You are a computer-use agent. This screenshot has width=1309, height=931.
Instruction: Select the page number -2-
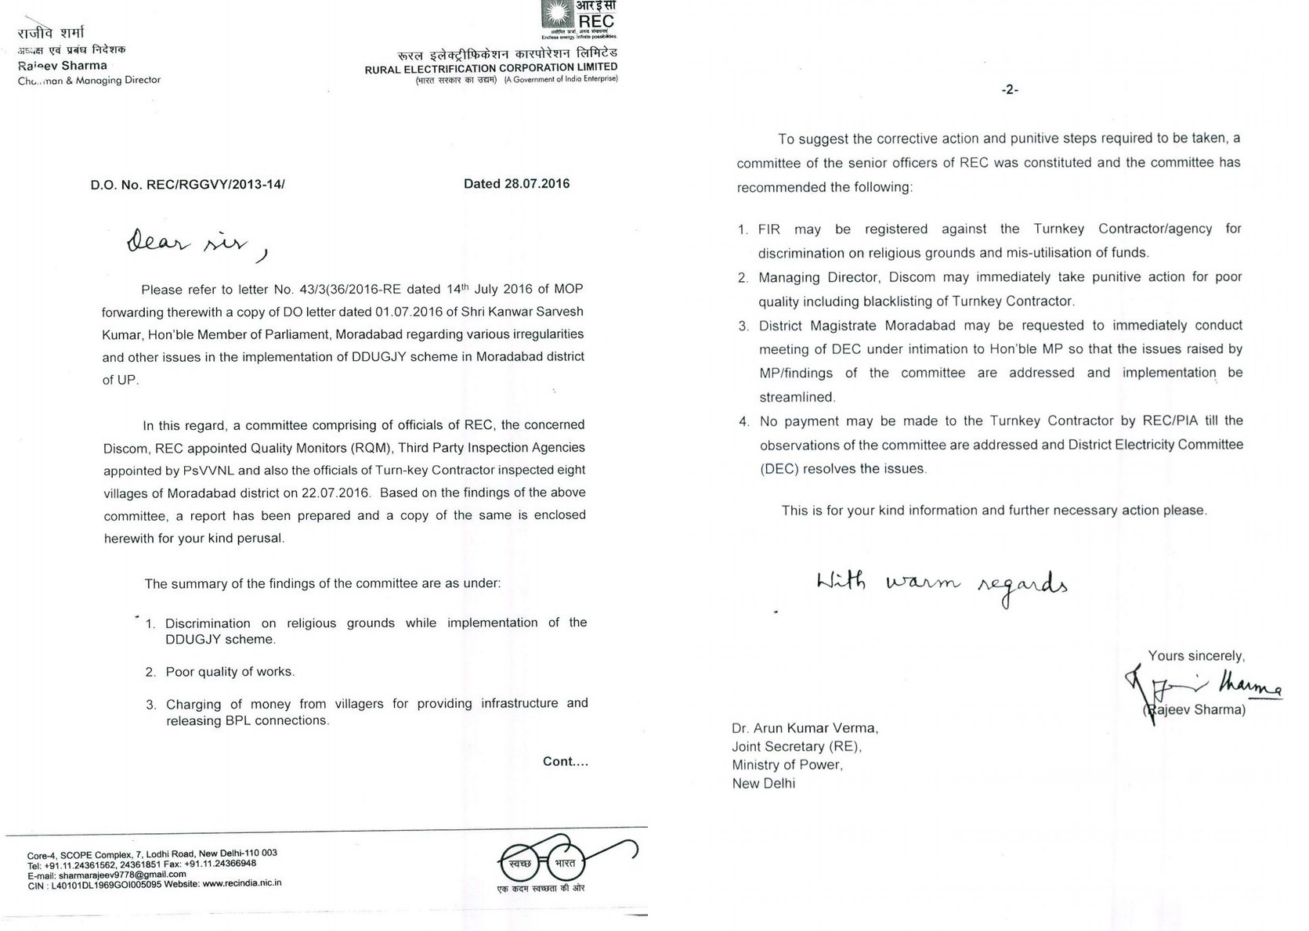point(1010,90)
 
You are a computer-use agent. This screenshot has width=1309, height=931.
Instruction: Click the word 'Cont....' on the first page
point(565,761)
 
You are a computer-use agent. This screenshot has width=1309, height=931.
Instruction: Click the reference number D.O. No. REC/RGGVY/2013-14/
point(187,186)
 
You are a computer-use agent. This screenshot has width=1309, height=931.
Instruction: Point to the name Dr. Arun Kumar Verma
point(805,728)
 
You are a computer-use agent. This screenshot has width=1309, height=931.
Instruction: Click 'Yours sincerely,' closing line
point(1195,656)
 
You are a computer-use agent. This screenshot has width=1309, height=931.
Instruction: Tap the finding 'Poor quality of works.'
point(230,672)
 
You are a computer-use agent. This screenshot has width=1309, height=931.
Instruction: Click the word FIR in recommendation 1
point(769,229)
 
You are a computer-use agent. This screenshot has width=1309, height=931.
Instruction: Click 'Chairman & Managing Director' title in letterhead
point(89,80)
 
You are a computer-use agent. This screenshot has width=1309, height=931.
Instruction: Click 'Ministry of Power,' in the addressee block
point(786,765)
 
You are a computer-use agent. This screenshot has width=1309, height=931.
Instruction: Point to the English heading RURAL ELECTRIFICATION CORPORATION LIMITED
point(490,68)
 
